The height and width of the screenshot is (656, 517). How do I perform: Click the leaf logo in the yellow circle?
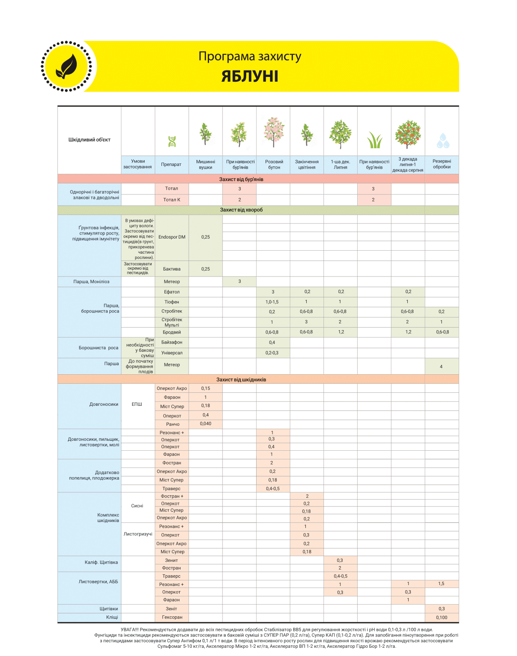67,67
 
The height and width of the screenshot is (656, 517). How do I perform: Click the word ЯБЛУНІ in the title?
250,76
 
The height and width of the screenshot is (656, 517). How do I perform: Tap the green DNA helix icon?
172,141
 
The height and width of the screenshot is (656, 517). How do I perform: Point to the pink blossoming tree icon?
273,131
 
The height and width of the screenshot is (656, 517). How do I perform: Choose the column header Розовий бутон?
274,165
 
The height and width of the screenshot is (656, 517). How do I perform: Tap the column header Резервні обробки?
441,164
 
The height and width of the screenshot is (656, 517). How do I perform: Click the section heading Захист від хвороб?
241,210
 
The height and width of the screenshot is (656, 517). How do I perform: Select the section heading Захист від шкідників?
241,379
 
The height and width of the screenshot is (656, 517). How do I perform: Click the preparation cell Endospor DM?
172,237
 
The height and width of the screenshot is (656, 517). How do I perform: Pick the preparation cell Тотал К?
172,200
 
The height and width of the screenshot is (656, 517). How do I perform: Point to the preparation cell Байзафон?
172,342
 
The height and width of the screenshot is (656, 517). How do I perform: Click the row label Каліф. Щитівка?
101,562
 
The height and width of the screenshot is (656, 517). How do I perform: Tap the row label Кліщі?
112,617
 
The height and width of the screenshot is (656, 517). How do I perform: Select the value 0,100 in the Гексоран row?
441,618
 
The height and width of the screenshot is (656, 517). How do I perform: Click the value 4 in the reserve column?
441,366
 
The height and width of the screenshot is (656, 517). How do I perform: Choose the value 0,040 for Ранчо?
206,424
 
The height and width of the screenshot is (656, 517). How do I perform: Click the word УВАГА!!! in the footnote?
129,630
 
